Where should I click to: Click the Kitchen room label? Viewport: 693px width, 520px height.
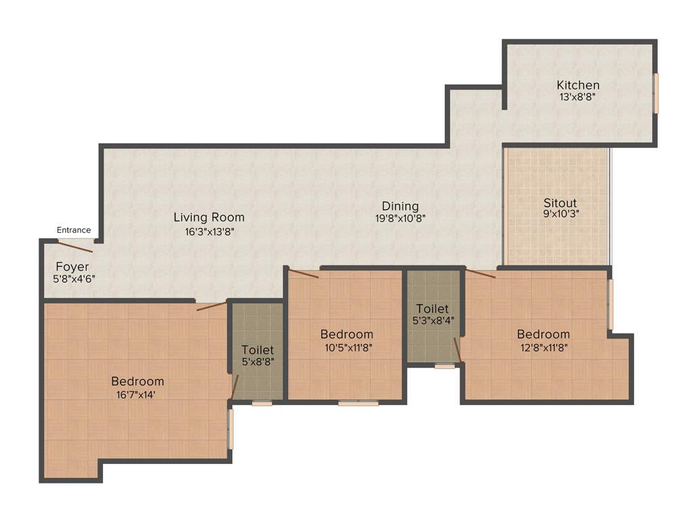coord(578,85)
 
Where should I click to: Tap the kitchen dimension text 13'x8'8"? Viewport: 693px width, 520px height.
coord(578,97)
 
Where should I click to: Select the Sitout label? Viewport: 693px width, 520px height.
coord(560,202)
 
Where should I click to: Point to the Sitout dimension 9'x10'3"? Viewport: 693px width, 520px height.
coord(560,214)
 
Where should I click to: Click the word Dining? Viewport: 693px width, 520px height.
coord(400,206)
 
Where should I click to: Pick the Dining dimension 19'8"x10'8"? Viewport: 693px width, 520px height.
coord(400,218)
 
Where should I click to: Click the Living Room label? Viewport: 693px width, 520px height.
coord(209,217)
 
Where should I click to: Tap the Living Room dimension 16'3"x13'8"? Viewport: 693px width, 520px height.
coord(209,230)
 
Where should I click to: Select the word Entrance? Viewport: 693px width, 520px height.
coord(74,230)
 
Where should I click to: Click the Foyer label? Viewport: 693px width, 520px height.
coord(72,267)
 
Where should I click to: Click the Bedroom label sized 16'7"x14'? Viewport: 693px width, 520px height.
coord(138,381)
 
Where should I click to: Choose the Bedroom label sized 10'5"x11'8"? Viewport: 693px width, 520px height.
coord(346,334)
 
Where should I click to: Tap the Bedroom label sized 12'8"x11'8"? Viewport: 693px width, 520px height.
coord(543,334)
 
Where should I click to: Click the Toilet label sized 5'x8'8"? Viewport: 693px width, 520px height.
coord(258,350)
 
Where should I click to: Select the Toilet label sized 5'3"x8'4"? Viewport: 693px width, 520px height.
coord(432,309)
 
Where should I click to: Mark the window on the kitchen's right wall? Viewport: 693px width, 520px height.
coord(656,93)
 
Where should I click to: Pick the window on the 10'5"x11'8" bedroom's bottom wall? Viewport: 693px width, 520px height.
coord(358,403)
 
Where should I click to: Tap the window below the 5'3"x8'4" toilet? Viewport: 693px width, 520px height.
coord(445,366)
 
